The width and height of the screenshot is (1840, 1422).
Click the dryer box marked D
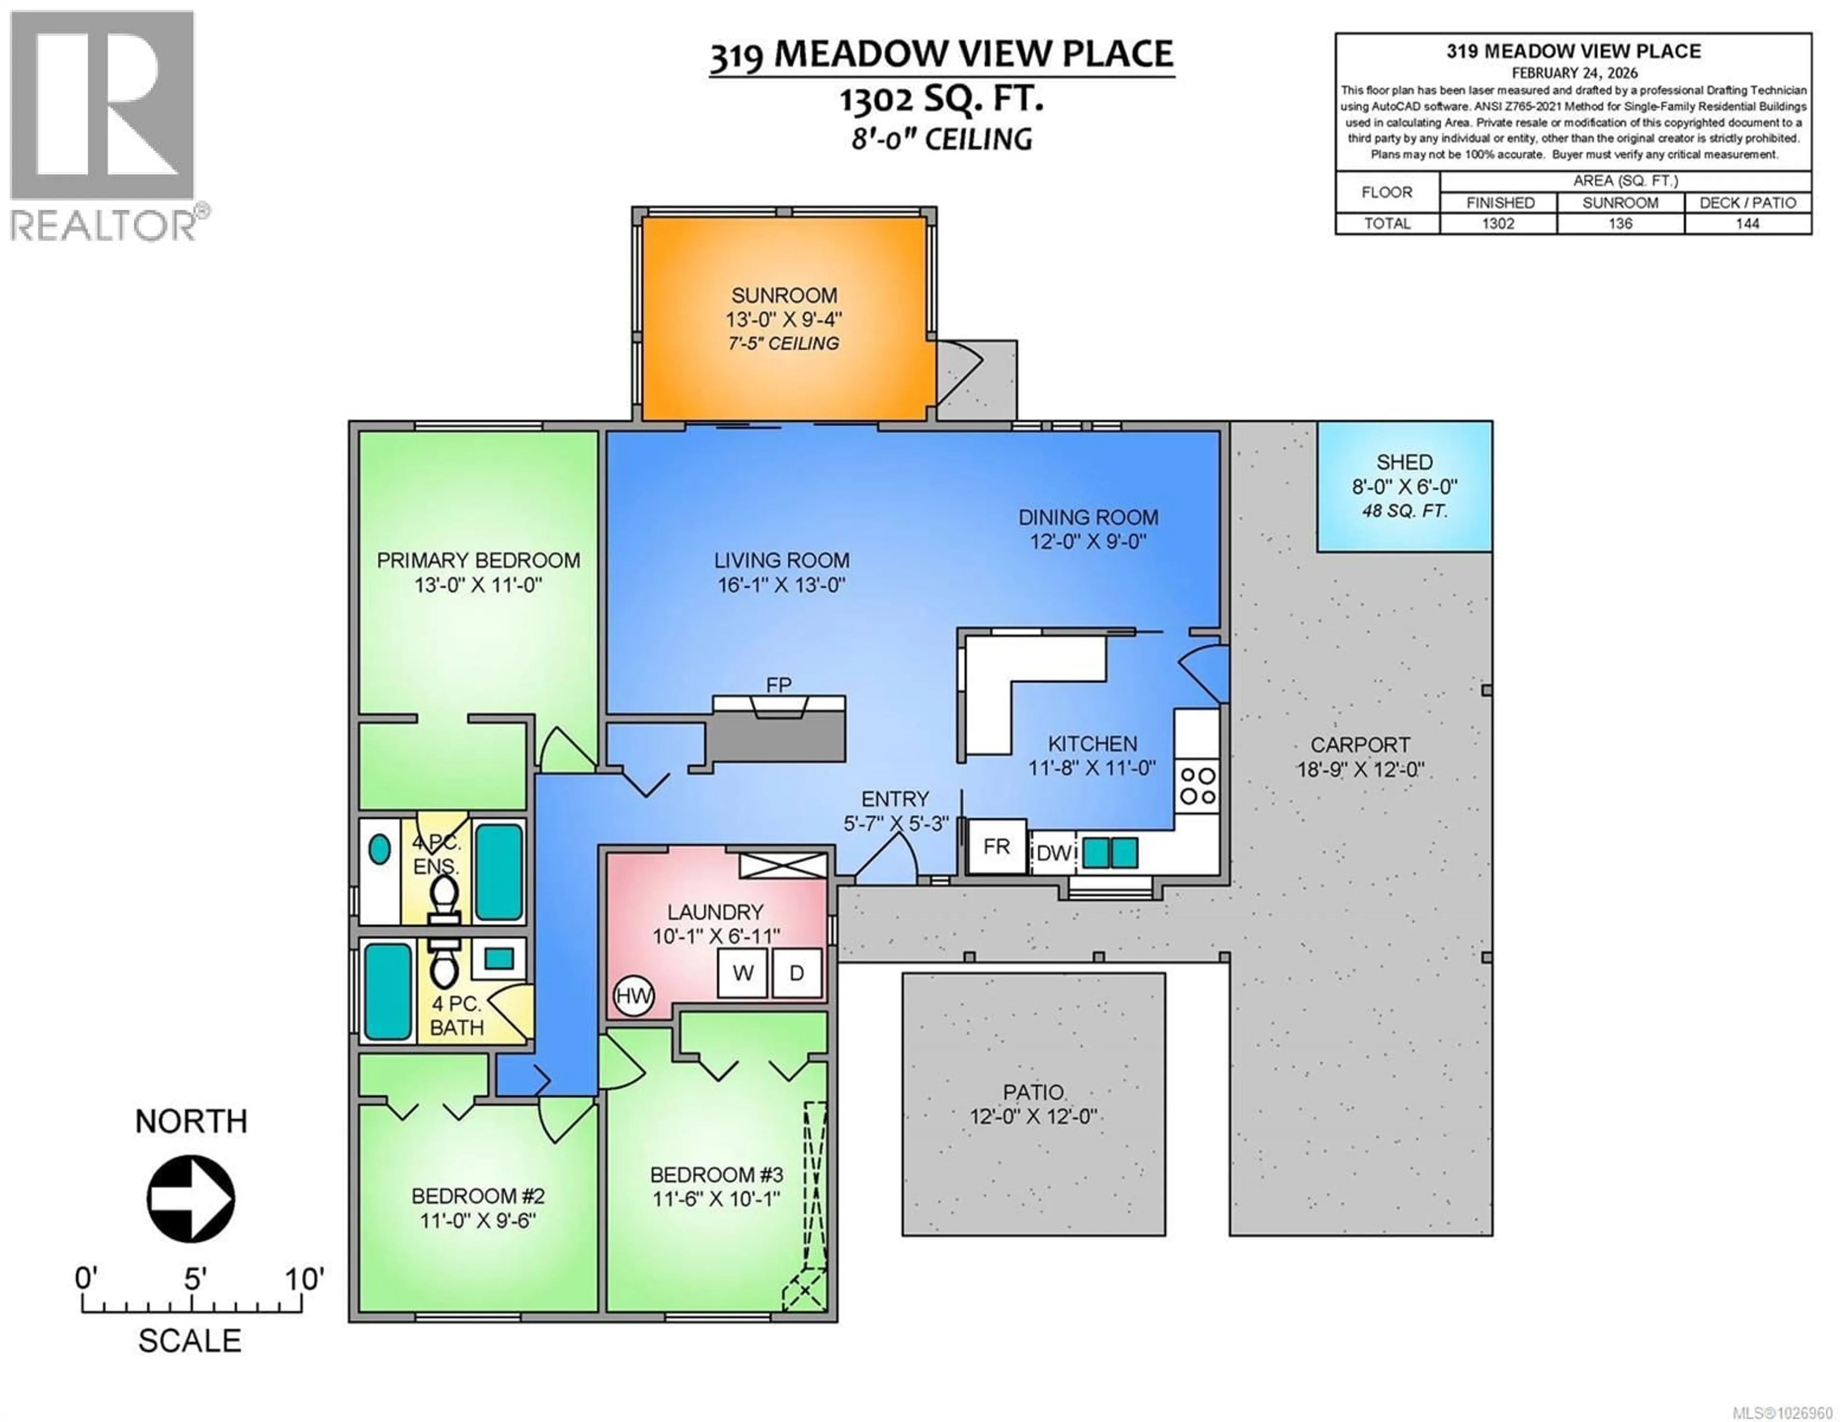796,973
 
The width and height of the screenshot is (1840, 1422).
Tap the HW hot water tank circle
633,996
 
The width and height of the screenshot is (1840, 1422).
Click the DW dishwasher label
1053,853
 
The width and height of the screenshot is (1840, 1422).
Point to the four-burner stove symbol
1197,785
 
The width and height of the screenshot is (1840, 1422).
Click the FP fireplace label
779,685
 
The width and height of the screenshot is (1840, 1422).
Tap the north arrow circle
191,1198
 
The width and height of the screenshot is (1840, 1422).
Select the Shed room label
1404,462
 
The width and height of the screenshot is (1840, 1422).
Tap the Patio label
1034,1092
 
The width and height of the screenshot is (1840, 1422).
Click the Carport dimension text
1360,770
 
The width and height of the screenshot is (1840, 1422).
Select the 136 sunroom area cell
1620,223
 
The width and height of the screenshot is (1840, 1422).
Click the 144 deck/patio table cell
1748,223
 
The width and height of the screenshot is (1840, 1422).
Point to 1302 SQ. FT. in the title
941,100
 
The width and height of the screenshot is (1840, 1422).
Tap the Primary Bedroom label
478,561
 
